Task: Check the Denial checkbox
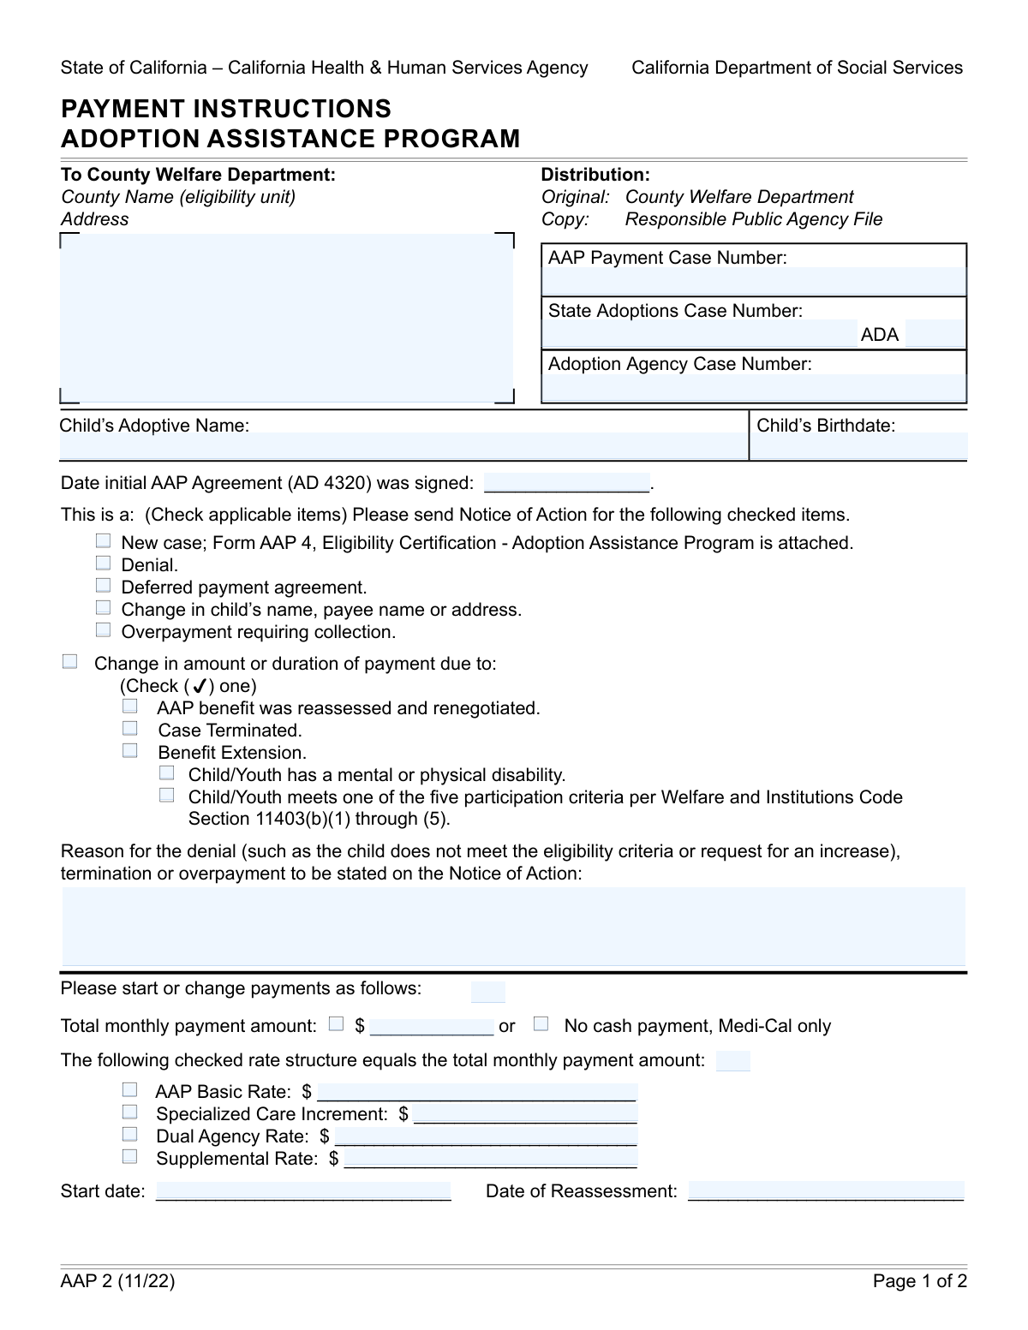click(104, 563)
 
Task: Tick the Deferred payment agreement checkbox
click(104, 585)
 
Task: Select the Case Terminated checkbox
click(129, 728)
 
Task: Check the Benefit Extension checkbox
click(129, 750)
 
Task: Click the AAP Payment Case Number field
click(754, 281)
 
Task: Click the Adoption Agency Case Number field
click(754, 387)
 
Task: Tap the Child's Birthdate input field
click(859, 445)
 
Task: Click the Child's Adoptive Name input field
click(403, 445)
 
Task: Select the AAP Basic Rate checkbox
click(129, 1089)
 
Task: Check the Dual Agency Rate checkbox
click(129, 1134)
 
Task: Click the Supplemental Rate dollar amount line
click(491, 1159)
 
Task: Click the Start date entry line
click(303, 1190)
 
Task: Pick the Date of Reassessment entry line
click(826, 1190)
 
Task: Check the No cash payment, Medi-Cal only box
click(541, 1023)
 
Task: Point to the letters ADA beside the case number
click(880, 335)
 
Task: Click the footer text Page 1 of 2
click(919, 1281)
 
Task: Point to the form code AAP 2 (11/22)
click(117, 1281)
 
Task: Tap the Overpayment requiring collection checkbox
click(104, 629)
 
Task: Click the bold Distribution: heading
click(595, 175)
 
